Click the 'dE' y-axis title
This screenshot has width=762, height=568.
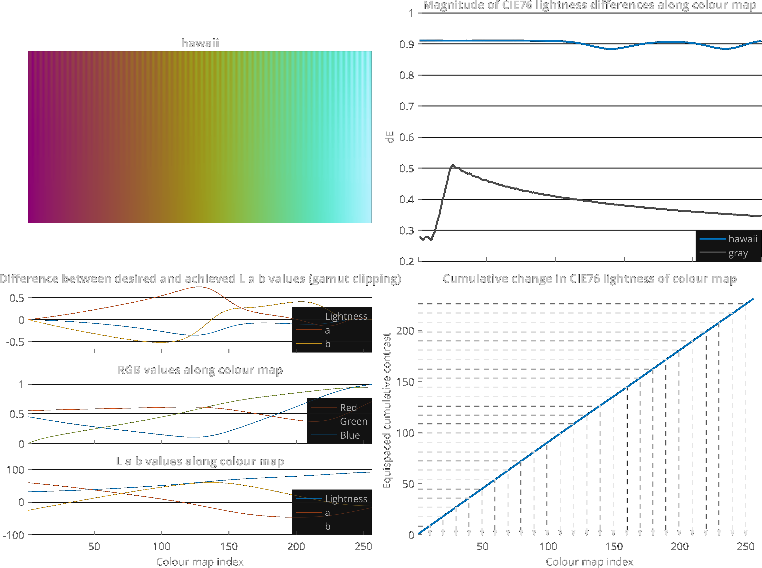click(390, 137)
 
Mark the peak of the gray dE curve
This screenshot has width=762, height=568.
click(452, 165)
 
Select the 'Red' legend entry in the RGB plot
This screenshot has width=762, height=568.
click(348, 408)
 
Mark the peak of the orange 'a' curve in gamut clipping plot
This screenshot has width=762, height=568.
click(199, 287)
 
